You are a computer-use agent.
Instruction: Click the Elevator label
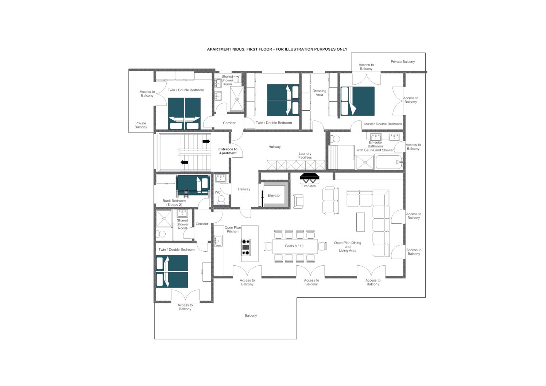[x=274, y=195]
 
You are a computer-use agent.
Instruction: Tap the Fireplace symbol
[x=310, y=178]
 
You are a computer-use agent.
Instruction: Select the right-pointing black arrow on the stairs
[x=206, y=142]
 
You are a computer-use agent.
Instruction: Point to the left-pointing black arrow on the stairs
[x=184, y=162]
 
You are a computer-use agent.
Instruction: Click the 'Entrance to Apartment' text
[x=228, y=151]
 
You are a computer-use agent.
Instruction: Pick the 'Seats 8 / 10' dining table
[x=295, y=246]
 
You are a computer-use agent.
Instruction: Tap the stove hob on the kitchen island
[x=246, y=247]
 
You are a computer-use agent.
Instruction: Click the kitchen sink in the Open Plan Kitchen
[x=218, y=241]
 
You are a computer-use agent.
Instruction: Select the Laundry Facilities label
[x=305, y=155]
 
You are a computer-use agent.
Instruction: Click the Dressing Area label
[x=319, y=93]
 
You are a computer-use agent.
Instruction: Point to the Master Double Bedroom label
[x=383, y=124]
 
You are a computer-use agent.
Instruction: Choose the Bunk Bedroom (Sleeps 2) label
[x=174, y=202]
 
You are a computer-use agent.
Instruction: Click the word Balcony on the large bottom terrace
[x=251, y=316]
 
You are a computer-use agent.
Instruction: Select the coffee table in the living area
[x=360, y=222]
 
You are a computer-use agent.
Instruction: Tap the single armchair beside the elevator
[x=298, y=201]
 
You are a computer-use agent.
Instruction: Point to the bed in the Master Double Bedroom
[x=357, y=101]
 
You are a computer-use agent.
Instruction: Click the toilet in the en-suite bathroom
[x=335, y=139]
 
